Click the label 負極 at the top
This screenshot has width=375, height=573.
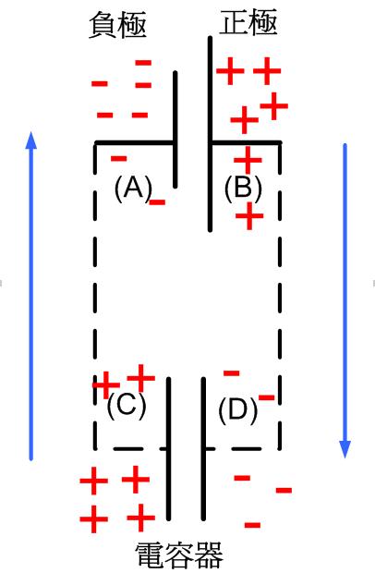pyautogui.click(x=117, y=24)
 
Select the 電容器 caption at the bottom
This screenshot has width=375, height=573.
pyautogui.click(x=179, y=555)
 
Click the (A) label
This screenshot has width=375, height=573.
pyautogui.click(x=133, y=189)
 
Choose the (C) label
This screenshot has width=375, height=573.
pyautogui.click(x=127, y=406)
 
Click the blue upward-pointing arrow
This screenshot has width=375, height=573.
pyautogui.click(x=31, y=296)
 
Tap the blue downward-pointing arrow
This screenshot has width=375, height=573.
pyautogui.click(x=345, y=300)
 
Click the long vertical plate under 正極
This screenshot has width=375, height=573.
pyautogui.click(x=210, y=134)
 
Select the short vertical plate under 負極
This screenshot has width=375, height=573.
pyautogui.click(x=175, y=129)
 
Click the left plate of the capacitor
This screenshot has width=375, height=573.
pyautogui.click(x=169, y=449)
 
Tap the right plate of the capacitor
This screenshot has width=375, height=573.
pyautogui.click(x=203, y=449)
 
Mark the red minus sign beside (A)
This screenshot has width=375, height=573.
pyautogui.click(x=157, y=202)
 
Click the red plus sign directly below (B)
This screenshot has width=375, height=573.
pyautogui.click(x=249, y=216)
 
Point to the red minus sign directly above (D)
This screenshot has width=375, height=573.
pyautogui.click(x=232, y=373)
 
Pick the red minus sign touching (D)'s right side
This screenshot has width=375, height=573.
pyautogui.click(x=267, y=397)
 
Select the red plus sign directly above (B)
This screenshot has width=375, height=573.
pyautogui.click(x=248, y=160)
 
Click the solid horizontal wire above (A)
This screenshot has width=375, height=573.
pyautogui.click(x=134, y=142)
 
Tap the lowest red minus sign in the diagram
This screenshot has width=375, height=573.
pyautogui.click(x=252, y=525)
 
